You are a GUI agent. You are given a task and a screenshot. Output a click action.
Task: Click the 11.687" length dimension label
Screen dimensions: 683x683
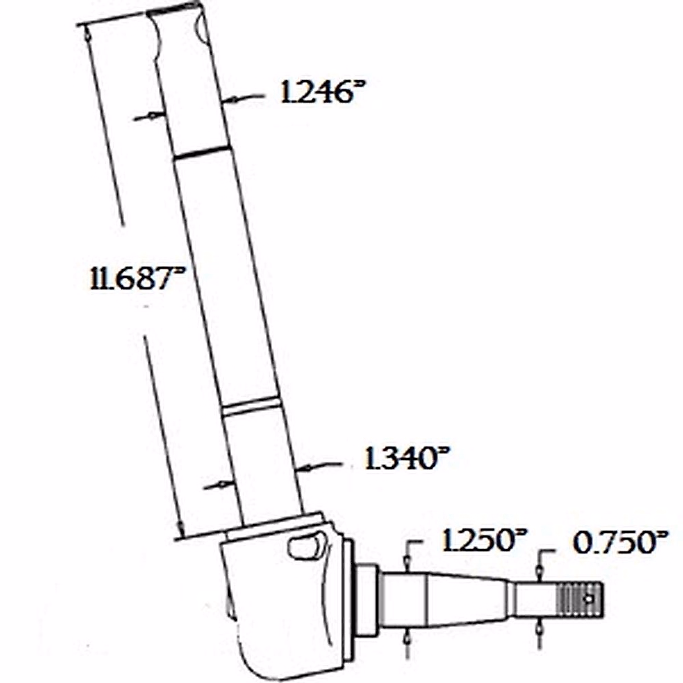tap(137, 279)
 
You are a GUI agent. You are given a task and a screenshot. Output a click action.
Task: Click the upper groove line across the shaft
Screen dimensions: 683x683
tap(200, 151)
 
